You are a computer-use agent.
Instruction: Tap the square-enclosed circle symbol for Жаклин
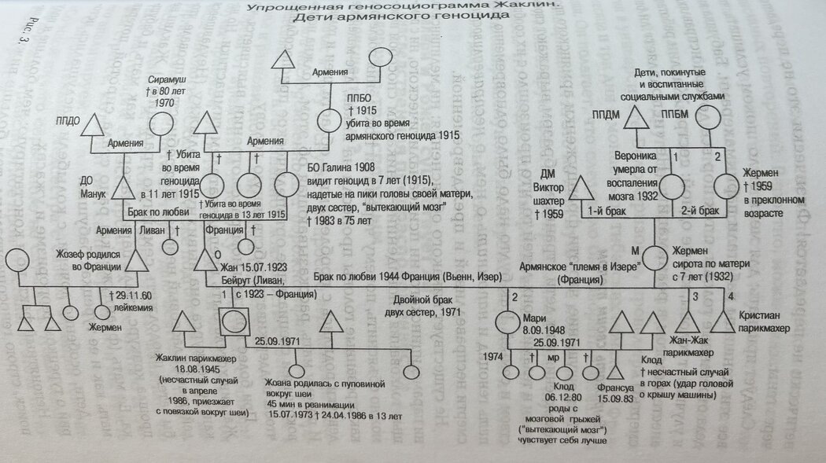tap(234, 321)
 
